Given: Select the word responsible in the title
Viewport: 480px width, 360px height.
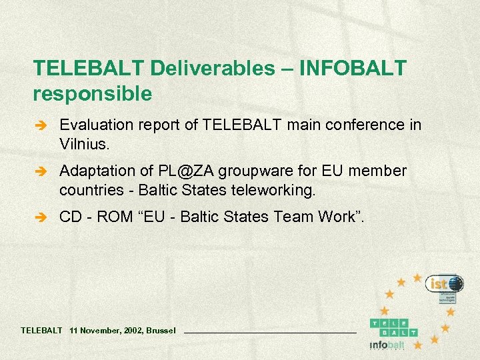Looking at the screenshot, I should pos(92,94).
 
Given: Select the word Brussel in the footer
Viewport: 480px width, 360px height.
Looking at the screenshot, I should pos(161,330).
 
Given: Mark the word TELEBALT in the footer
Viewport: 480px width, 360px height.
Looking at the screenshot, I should pos(41,330).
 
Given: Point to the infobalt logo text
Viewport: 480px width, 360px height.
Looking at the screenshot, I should pos(387,345).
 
